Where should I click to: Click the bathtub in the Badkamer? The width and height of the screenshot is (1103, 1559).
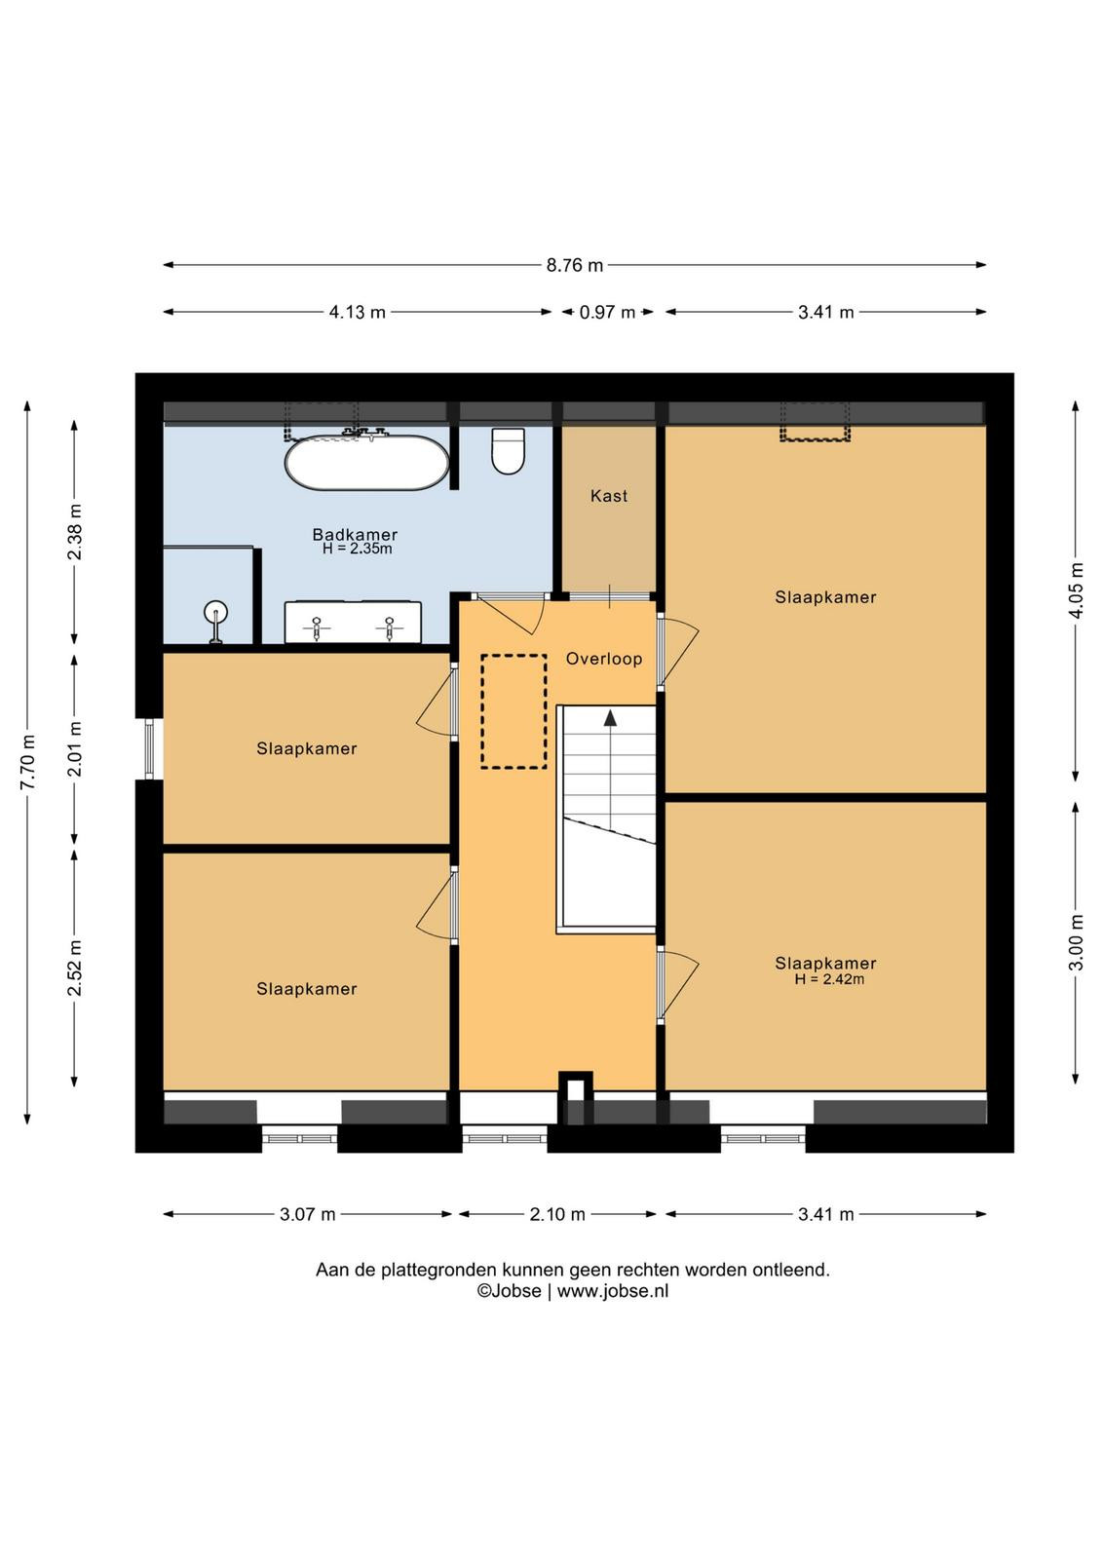pyautogui.click(x=366, y=462)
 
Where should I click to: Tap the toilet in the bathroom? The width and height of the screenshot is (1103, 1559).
pyautogui.click(x=508, y=451)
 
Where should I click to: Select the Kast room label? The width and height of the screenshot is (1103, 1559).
pyautogui.click(x=609, y=496)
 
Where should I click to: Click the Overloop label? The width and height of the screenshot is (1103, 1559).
pyautogui.click(x=603, y=659)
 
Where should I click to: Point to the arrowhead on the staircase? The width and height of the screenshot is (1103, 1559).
pyautogui.click(x=610, y=718)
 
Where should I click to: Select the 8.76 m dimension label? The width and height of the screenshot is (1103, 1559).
pyautogui.click(x=574, y=265)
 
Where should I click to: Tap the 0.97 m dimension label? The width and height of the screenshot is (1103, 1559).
pyautogui.click(x=607, y=313)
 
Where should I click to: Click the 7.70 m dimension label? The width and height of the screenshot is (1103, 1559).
pyautogui.click(x=27, y=762)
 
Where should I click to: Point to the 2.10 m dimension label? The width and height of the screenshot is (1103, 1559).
pyautogui.click(x=556, y=1214)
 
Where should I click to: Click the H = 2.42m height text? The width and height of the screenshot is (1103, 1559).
pyautogui.click(x=829, y=979)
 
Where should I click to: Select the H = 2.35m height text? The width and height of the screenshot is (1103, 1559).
pyautogui.click(x=357, y=549)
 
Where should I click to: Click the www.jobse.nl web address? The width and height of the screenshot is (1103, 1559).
pyautogui.click(x=612, y=1291)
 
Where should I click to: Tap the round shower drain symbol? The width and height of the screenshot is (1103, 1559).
pyautogui.click(x=215, y=612)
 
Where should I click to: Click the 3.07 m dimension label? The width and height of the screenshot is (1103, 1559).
pyautogui.click(x=308, y=1214)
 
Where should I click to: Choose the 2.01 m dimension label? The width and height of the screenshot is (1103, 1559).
pyautogui.click(x=74, y=749)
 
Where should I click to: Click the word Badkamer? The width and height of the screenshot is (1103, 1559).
pyautogui.click(x=355, y=535)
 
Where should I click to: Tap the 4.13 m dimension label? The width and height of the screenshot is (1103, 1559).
pyautogui.click(x=357, y=313)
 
